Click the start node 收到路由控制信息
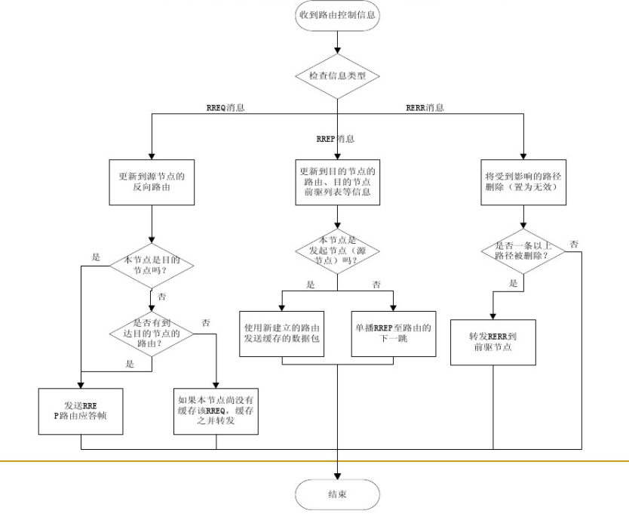coord(337,14)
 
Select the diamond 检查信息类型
coord(337,76)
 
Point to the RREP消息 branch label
coord(336,139)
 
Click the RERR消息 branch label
coord(425,107)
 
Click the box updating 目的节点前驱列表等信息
coord(337,181)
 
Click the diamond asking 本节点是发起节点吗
coord(337,250)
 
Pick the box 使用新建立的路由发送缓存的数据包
coord(281,332)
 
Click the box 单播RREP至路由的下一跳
coord(393,332)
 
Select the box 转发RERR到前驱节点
coord(494,342)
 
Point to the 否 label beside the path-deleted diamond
coord(574,244)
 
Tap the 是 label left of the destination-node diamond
coord(96,257)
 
